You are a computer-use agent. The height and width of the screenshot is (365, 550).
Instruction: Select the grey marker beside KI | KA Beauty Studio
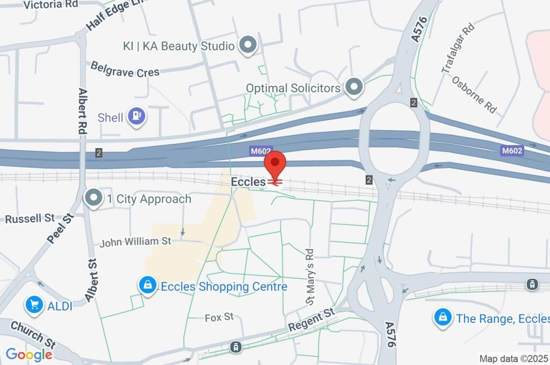[x=248, y=46]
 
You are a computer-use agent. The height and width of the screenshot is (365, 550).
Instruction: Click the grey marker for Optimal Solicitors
[x=354, y=87]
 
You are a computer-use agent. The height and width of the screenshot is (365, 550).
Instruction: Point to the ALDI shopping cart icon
[x=34, y=305]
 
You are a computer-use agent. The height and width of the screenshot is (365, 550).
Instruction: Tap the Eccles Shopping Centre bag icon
[x=147, y=286]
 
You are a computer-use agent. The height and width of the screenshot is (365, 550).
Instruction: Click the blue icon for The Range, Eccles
[x=442, y=318]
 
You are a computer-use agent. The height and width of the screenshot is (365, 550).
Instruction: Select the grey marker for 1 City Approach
[x=94, y=199]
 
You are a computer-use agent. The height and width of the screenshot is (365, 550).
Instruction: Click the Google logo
[x=29, y=354]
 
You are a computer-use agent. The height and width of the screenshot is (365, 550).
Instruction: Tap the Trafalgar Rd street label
[x=458, y=48]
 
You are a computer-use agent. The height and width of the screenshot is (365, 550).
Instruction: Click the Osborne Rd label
[x=474, y=94]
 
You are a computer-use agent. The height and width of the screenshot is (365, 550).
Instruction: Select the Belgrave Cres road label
[x=125, y=69]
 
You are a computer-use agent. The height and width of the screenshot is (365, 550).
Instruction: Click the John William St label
[x=135, y=242]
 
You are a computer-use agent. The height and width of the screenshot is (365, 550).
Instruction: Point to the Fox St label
[x=219, y=317]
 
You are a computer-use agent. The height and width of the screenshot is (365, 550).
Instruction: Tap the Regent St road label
[x=311, y=320]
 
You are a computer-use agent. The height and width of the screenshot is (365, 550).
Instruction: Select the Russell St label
[x=30, y=218]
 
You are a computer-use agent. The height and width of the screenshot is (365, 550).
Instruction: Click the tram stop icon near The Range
[x=532, y=283]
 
